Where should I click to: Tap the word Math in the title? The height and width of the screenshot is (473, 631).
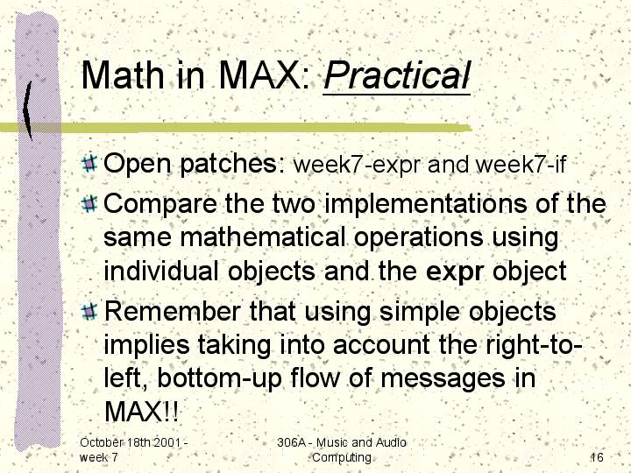(123, 75)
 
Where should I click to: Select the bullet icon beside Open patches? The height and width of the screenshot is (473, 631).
(89, 163)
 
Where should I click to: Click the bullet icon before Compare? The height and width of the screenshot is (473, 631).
(89, 203)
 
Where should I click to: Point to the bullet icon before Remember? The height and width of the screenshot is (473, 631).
(89, 311)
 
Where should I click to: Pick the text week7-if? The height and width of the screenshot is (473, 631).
(521, 164)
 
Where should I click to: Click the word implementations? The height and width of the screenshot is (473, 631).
(425, 204)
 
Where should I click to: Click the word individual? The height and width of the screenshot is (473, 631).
(161, 271)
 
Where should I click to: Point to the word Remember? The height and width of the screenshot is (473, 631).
(173, 311)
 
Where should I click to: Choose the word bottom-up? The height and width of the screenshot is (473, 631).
(219, 379)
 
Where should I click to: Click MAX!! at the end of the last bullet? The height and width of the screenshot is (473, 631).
(141, 411)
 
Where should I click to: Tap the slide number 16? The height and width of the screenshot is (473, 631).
(597, 457)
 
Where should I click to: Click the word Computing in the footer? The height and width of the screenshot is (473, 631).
(342, 458)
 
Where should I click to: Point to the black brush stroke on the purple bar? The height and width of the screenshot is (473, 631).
(27, 110)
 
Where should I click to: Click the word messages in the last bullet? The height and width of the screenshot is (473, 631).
(443, 379)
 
